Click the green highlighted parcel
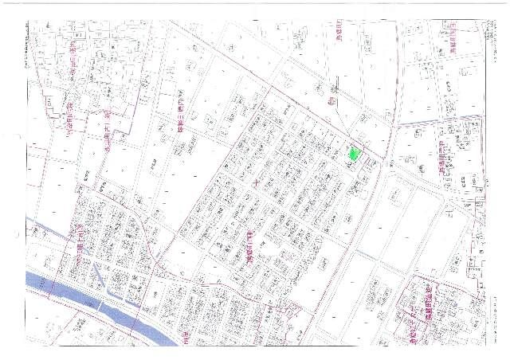click(x=355, y=155)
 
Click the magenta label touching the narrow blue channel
click(x=81, y=237)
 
